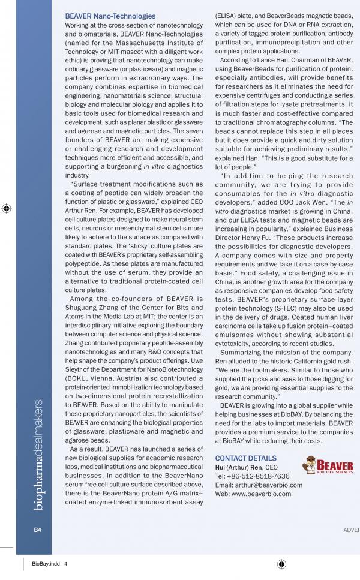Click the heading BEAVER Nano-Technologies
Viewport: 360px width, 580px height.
point(110,16)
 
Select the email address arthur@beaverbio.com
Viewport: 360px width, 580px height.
point(270,485)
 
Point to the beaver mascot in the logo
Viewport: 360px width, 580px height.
point(309,465)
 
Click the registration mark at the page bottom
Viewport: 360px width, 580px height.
point(281,564)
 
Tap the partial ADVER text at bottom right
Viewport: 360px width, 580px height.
point(351,530)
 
